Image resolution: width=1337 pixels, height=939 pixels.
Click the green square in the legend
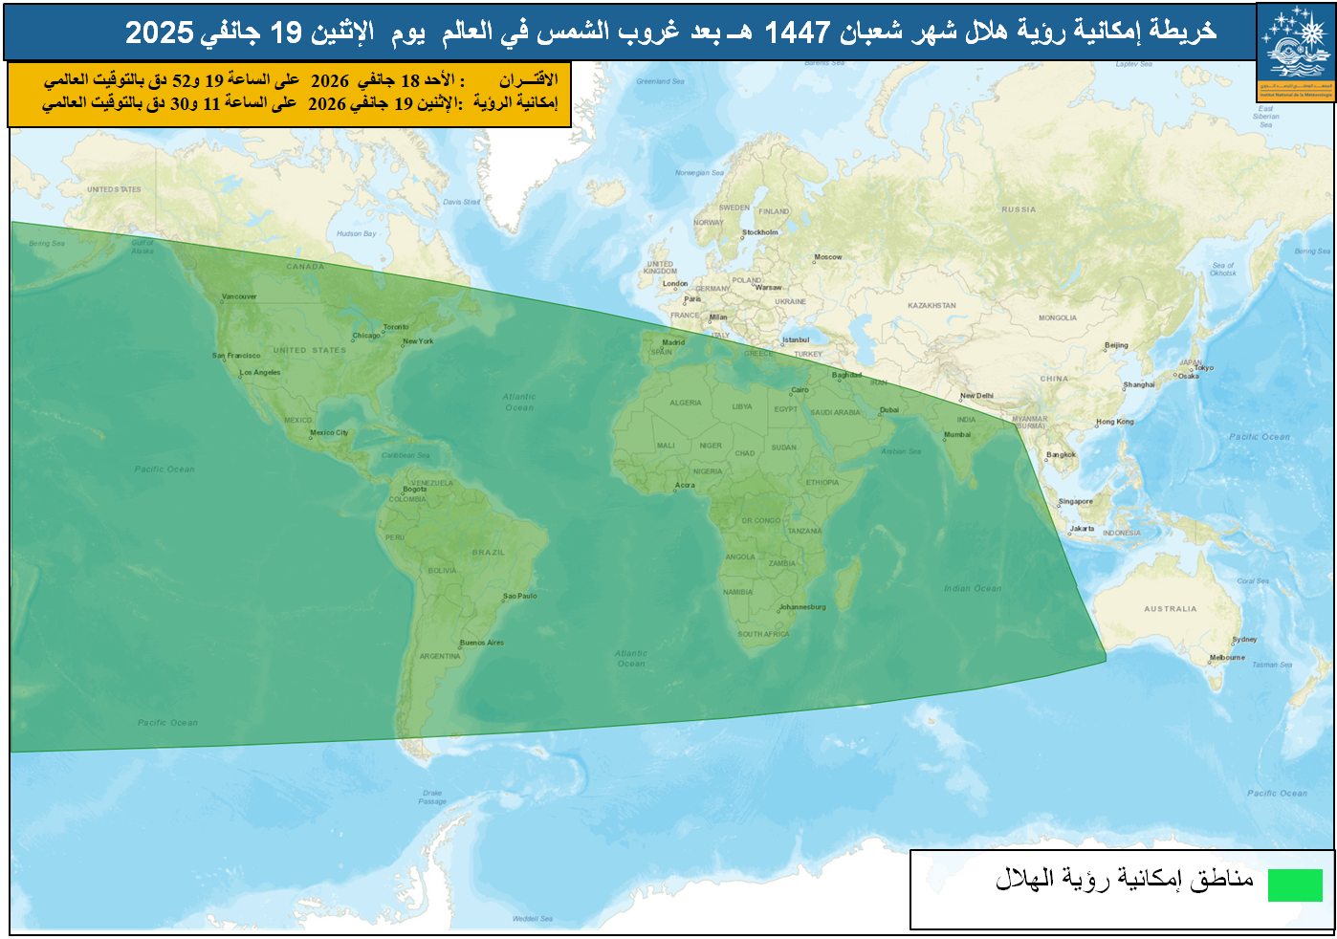(x=1295, y=884)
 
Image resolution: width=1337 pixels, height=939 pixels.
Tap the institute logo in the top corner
(x=1296, y=52)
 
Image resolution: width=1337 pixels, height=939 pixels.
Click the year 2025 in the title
(x=160, y=33)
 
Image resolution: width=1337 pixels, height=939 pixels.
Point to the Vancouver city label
(x=239, y=296)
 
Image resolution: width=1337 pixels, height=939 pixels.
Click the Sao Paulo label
(x=521, y=596)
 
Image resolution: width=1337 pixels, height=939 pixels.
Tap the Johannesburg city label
(x=802, y=607)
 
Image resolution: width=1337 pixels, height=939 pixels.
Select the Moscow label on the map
(x=828, y=257)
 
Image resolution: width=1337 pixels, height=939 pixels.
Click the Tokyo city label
(x=1204, y=368)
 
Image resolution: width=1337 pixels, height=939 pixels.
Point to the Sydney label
(x=1245, y=640)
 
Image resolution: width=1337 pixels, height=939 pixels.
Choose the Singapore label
(x=1076, y=501)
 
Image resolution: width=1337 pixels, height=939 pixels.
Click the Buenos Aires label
(x=482, y=643)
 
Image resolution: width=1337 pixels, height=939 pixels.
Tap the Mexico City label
(x=329, y=432)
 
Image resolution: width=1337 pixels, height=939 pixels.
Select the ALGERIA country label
(x=686, y=403)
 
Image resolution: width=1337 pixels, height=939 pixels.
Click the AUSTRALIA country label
(x=1171, y=608)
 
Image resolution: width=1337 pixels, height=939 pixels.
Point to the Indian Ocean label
(x=974, y=588)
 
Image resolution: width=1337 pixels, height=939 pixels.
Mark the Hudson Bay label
(x=357, y=233)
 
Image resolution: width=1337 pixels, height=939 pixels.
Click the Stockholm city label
(x=761, y=232)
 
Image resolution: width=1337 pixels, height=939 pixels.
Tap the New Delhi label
(x=977, y=396)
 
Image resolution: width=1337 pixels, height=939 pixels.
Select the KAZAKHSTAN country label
(x=932, y=306)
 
